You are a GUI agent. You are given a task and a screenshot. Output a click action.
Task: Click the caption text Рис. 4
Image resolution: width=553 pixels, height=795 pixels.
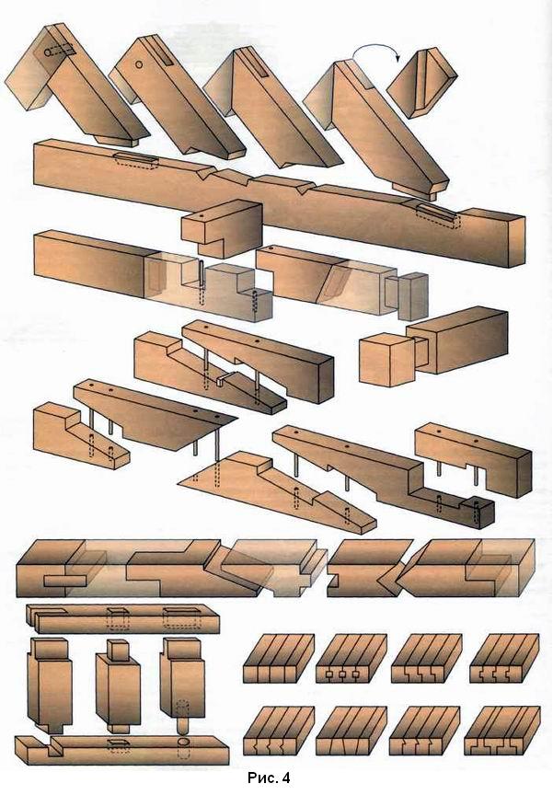[267, 779]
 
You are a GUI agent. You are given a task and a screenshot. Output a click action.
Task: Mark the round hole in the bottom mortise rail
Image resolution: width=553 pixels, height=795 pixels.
[181, 741]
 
